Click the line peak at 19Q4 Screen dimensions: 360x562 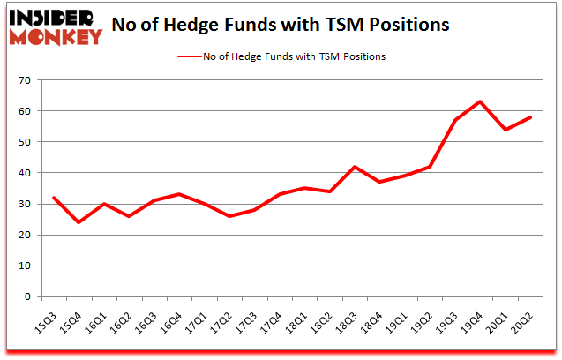[480, 101]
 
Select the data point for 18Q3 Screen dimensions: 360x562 [354, 167]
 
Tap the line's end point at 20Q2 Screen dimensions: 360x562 [530, 117]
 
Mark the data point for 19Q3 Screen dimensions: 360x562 [454, 120]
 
